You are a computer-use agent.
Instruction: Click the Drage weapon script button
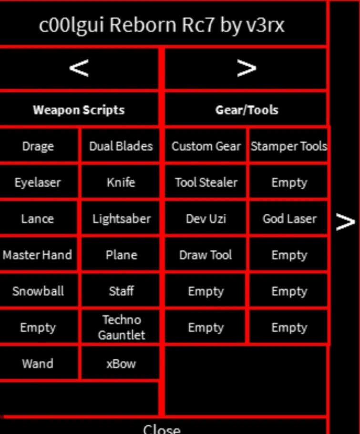(38, 146)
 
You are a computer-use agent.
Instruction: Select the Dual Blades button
(121, 146)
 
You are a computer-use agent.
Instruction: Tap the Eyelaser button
(38, 182)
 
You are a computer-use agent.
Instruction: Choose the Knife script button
(121, 182)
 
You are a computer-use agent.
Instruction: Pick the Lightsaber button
(121, 218)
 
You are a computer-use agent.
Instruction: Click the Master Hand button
(38, 255)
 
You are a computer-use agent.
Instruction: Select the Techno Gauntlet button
(121, 327)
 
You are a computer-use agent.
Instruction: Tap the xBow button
(121, 363)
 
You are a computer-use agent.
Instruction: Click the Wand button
(38, 363)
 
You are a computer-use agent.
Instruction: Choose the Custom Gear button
(206, 146)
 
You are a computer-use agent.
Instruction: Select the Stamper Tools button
(288, 146)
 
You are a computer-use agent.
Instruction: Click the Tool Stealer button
(206, 182)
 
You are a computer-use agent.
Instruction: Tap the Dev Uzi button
(206, 218)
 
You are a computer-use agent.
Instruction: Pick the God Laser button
(288, 218)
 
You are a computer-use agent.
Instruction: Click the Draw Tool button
(206, 255)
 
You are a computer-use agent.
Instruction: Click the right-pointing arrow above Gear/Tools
(246, 68)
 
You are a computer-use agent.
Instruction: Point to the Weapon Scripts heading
(79, 110)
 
